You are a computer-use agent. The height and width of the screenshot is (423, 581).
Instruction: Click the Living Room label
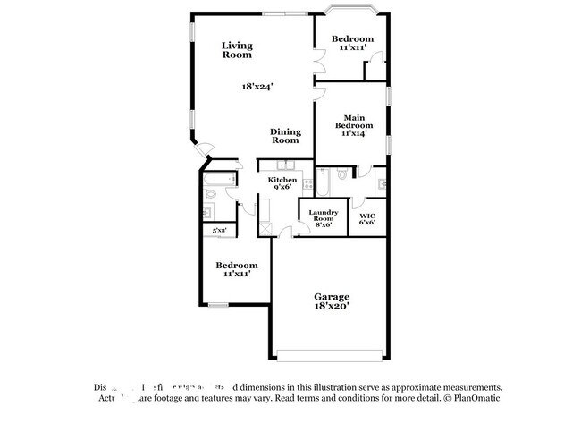point(237,50)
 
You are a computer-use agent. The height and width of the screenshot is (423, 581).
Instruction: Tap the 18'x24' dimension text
point(257,87)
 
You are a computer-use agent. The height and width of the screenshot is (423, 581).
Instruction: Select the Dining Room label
point(285,136)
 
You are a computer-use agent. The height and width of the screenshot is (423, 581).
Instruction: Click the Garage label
point(331,296)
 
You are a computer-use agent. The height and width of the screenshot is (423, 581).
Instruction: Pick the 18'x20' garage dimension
point(331,306)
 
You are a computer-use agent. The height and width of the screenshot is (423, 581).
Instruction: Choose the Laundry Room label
point(322,219)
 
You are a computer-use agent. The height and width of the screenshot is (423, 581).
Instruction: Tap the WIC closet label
point(366,219)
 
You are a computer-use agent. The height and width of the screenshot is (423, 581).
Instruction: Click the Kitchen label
point(283,183)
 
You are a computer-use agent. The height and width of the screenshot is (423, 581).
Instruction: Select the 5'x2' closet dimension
point(219,231)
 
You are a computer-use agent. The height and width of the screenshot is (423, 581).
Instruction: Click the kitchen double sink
point(286,165)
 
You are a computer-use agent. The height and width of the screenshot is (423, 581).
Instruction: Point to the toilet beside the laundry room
point(341,174)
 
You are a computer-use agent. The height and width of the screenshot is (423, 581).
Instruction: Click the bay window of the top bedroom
point(349,12)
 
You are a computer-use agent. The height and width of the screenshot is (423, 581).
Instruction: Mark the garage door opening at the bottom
point(331,351)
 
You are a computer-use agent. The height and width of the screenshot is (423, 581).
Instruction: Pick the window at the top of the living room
point(274,13)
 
